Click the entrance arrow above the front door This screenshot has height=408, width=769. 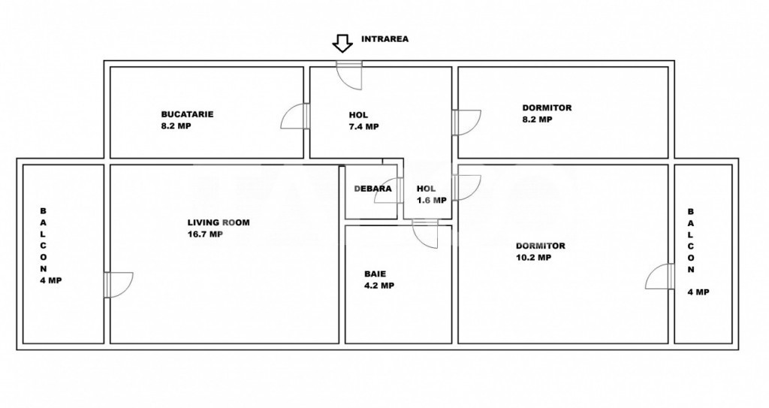(342, 44)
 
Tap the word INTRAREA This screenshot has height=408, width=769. (384, 39)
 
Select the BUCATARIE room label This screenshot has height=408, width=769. (187, 114)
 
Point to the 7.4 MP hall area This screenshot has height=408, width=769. (363, 127)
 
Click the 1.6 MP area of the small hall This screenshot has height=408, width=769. (431, 201)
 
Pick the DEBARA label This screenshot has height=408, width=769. (372, 189)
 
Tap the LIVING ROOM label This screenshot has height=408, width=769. (218, 222)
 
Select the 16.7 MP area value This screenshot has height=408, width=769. (205, 234)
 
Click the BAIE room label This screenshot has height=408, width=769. (375, 274)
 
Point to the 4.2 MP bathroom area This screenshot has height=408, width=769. (378, 286)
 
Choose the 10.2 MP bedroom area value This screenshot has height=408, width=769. (533, 257)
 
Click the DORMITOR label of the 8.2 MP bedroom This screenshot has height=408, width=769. (547, 107)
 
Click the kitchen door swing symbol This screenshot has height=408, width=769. (295, 117)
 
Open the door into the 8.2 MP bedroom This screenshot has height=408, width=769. (467, 122)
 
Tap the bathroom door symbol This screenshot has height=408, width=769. (425, 234)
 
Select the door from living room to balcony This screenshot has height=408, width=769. (119, 284)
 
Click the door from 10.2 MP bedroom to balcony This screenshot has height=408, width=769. (659, 277)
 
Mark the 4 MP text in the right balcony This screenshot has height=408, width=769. (698, 292)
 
